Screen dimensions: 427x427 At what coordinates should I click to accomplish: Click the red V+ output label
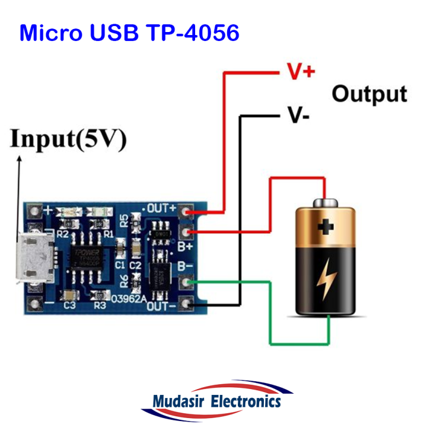[x=301, y=72]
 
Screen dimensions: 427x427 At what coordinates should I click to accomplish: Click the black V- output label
[x=298, y=114]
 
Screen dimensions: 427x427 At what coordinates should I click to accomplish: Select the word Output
[x=369, y=94]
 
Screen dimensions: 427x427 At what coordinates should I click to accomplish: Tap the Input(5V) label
[x=68, y=140]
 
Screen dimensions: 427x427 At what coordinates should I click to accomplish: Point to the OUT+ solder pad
[x=188, y=211]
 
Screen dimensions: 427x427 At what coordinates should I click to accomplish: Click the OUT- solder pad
[x=188, y=305]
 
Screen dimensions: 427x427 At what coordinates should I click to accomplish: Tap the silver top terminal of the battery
[x=325, y=203]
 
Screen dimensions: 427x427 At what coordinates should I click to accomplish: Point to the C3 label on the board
[x=69, y=305]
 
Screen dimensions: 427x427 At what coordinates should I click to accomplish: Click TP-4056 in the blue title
[x=191, y=33]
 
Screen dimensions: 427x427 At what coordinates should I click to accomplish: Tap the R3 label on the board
[x=100, y=305]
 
